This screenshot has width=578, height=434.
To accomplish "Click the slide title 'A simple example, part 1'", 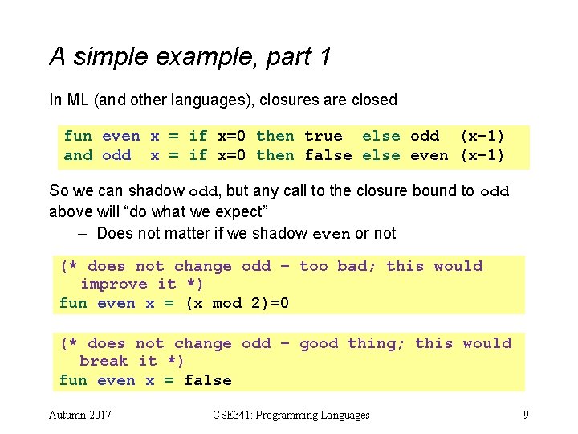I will click(x=189, y=56).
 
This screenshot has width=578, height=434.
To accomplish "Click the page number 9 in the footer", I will click(x=525, y=415).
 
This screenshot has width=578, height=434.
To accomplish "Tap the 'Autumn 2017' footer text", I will click(x=80, y=415).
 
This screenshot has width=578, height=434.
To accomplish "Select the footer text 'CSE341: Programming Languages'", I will click(x=291, y=415).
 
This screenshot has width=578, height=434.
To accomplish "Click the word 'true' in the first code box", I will click(x=324, y=136).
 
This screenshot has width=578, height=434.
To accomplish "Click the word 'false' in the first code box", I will click(x=328, y=155).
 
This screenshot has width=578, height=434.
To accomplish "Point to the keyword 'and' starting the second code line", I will click(x=78, y=155).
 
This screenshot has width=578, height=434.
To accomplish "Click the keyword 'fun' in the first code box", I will click(x=78, y=136).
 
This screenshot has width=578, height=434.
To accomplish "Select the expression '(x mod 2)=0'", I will click(x=237, y=303).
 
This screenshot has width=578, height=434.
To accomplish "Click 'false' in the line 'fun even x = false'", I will click(x=208, y=380).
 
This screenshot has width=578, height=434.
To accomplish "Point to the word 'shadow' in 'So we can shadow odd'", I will click(x=159, y=192).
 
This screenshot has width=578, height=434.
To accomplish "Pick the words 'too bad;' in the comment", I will click(x=338, y=266).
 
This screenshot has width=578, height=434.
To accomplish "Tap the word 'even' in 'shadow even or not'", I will click(x=331, y=234).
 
